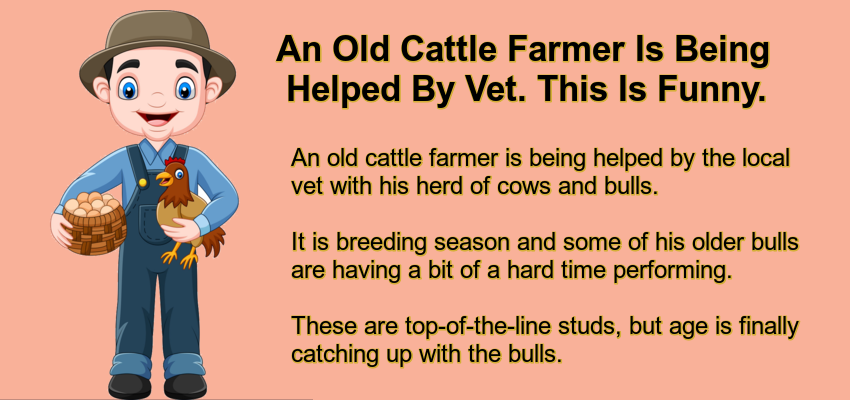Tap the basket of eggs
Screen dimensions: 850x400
coord(92,222)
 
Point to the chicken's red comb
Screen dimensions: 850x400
coord(175,162)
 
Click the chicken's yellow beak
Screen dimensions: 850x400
coord(161,177)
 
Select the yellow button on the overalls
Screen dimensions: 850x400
coord(143,183)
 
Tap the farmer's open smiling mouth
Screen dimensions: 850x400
coord(157,118)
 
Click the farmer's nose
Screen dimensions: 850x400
coord(157,100)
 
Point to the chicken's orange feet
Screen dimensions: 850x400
coord(181,256)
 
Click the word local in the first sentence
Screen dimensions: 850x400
coord(763,159)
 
